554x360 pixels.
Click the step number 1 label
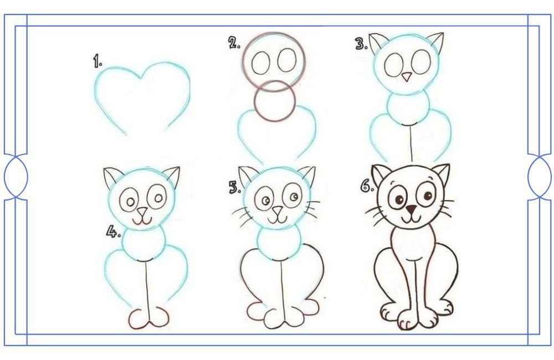point(98,61)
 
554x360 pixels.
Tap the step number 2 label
point(234,43)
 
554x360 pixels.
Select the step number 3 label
point(361,44)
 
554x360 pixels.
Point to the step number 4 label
point(114,232)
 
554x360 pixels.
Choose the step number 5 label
point(235,187)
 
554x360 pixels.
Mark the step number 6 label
point(367,186)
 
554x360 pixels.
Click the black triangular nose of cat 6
point(411,209)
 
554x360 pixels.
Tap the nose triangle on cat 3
point(407,76)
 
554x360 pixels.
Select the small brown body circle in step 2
point(274,100)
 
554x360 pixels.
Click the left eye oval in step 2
point(261,63)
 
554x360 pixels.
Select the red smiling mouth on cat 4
point(142,221)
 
